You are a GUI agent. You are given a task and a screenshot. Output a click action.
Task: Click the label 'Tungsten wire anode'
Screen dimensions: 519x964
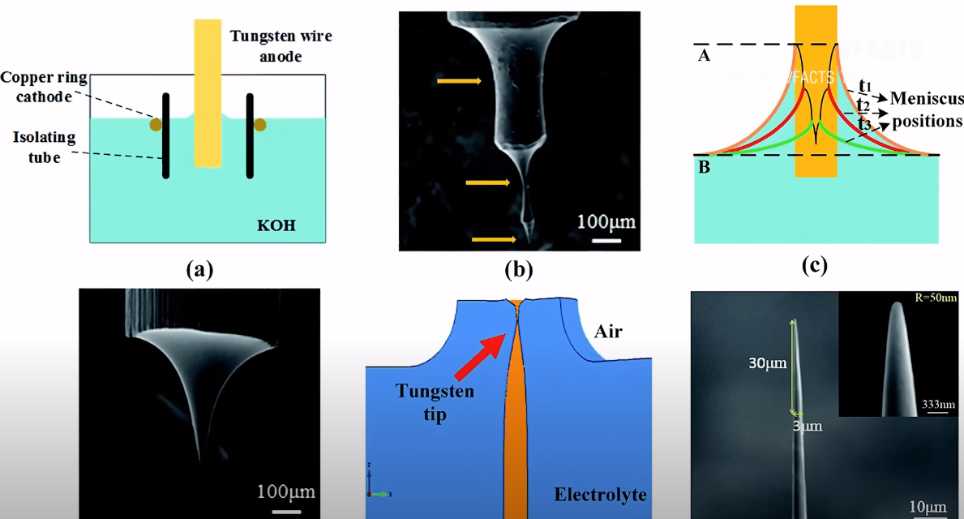pyautogui.click(x=281, y=46)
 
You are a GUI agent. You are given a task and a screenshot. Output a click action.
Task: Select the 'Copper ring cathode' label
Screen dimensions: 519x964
pyautogui.click(x=45, y=87)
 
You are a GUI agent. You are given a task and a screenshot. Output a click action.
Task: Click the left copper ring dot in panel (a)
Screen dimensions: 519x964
pyautogui.click(x=154, y=125)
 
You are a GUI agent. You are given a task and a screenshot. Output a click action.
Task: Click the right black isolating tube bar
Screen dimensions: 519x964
pyautogui.click(x=250, y=135)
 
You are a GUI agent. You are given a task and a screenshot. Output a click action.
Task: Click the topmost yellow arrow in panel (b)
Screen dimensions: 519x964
pyautogui.click(x=459, y=80)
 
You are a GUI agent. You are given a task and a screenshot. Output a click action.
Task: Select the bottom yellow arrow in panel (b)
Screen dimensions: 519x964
pyautogui.click(x=494, y=239)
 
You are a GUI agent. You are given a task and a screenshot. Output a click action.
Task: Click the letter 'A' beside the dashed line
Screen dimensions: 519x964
pyautogui.click(x=705, y=55)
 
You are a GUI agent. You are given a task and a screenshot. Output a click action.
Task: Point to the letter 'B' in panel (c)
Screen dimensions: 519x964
pyautogui.click(x=704, y=168)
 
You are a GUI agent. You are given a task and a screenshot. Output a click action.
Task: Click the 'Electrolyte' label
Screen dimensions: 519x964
pyautogui.click(x=600, y=494)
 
